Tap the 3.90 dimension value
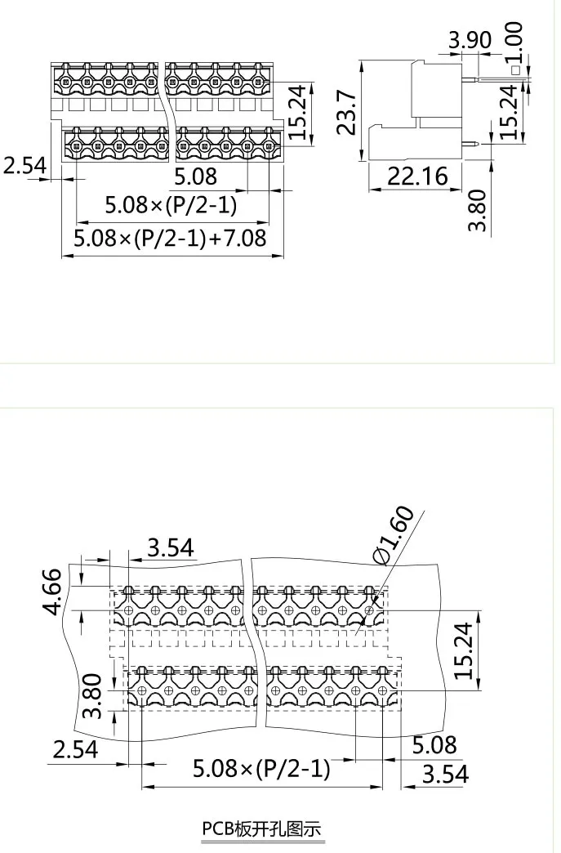click(470, 40)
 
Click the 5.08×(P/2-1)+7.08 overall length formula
click(170, 239)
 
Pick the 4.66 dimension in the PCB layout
click(52, 592)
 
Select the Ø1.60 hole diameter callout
click(394, 534)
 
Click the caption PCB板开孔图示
click(262, 828)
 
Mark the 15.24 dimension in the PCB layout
click(465, 650)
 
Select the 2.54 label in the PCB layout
click(75, 748)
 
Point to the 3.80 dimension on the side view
click(480, 210)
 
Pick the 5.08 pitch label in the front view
click(195, 176)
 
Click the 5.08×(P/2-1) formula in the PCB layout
click(261, 768)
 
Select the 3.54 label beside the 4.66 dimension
click(171, 547)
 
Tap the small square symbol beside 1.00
click(515, 70)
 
